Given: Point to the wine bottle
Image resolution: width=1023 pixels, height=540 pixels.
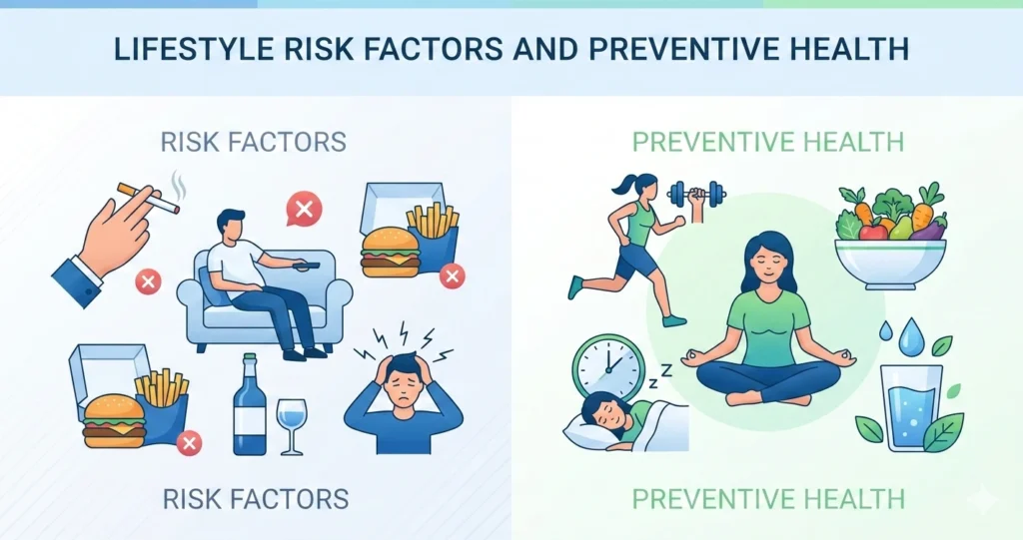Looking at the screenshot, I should (x=249, y=410).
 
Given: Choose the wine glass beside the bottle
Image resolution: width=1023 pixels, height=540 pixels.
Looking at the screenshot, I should (x=292, y=423).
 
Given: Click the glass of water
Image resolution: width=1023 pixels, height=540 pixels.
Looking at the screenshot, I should (x=911, y=409).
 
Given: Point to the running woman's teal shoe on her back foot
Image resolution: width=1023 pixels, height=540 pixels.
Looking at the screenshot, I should (x=574, y=287).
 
